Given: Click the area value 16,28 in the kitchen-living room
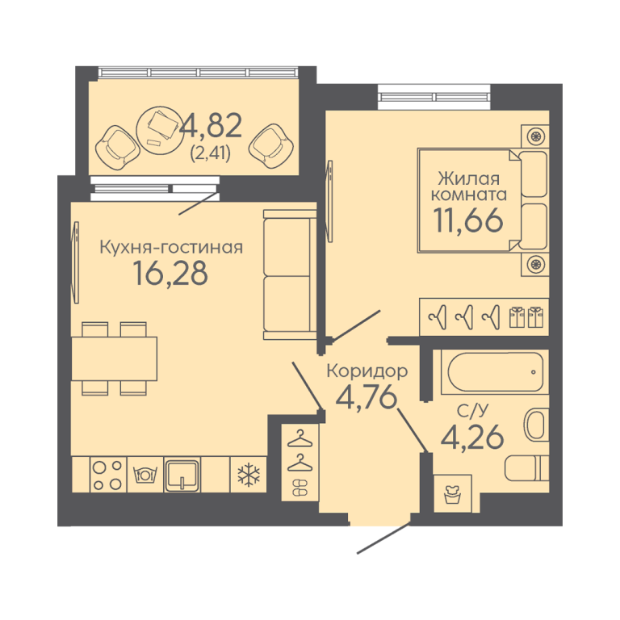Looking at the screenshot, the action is click(170, 273).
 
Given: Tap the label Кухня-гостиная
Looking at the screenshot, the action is click(171, 247).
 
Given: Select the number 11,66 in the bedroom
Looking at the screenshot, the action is click(468, 220).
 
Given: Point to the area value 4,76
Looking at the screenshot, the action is click(366, 396).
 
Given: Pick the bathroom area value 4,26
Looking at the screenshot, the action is click(472, 437).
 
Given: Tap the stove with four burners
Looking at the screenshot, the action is click(107, 475).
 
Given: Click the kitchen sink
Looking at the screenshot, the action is click(182, 475).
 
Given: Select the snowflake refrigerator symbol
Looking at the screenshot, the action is click(249, 475).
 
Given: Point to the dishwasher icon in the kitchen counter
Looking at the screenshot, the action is click(145, 475).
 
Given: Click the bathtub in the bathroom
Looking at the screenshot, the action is click(496, 372).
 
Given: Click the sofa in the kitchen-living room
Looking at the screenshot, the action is click(290, 274).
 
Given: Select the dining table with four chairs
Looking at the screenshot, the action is click(115, 358).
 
